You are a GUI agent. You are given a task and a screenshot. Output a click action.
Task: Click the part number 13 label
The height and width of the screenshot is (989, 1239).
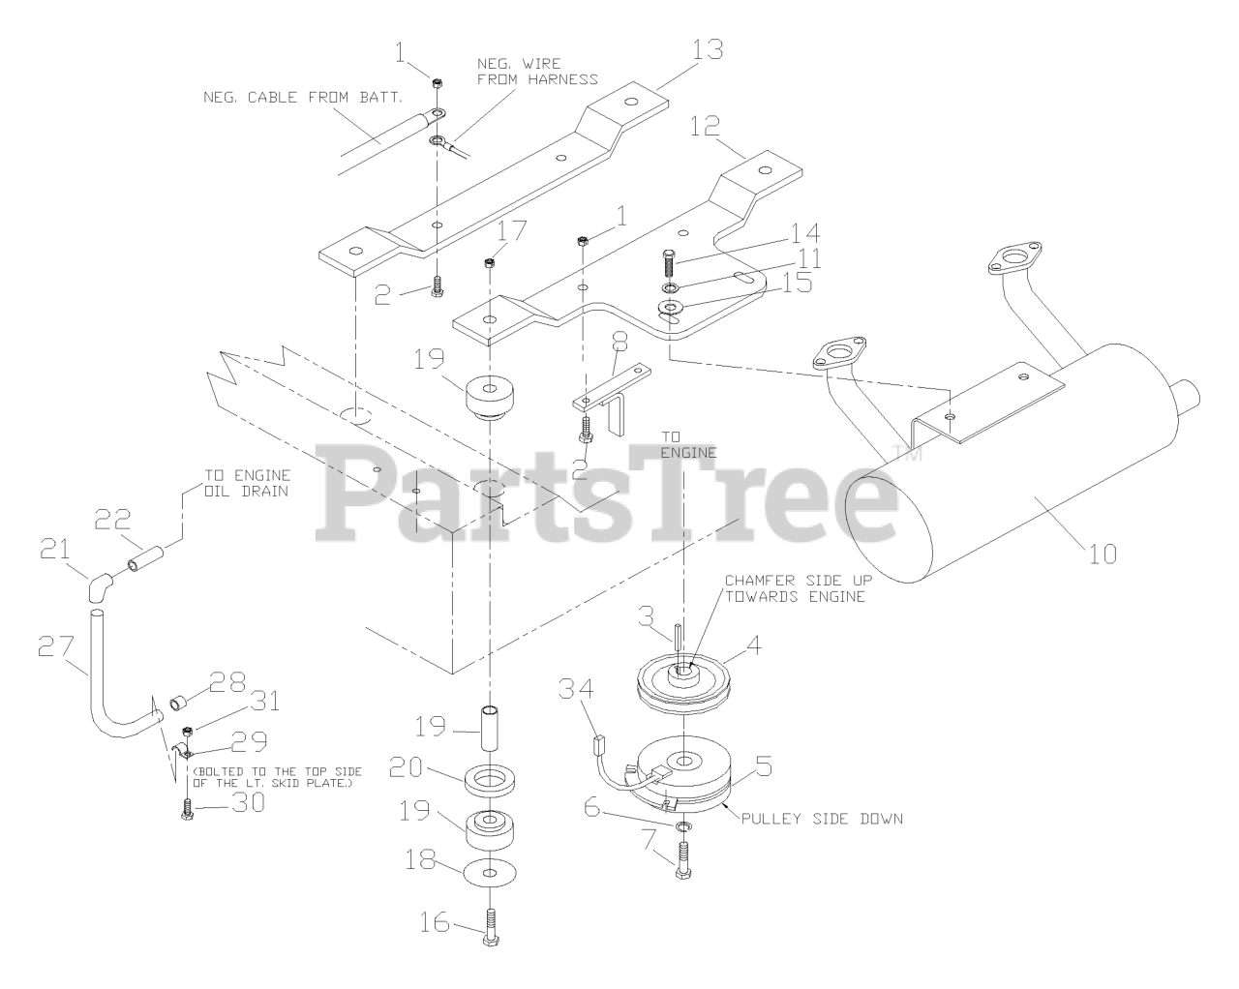click(708, 49)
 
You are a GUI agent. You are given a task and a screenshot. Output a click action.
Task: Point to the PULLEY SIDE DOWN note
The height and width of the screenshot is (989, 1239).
click(821, 819)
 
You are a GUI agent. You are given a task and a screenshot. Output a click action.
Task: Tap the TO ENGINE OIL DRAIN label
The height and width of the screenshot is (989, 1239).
click(247, 483)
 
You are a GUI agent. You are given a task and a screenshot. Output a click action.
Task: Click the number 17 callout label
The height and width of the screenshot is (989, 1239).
click(513, 231)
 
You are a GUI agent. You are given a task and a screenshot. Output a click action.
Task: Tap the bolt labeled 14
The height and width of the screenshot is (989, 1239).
click(667, 260)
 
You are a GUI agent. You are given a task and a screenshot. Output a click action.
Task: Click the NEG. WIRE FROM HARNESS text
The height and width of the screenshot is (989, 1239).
click(537, 71)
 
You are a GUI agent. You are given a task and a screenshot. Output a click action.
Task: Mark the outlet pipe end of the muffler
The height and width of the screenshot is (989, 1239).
click(1190, 395)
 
